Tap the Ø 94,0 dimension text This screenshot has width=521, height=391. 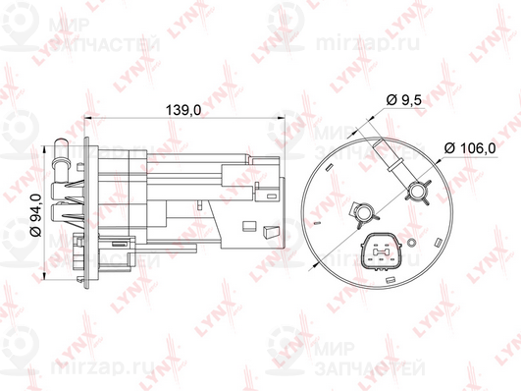click(x=34, y=203)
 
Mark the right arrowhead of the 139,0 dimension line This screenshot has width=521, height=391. click(x=281, y=122)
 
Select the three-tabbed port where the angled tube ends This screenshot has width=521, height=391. click(x=422, y=191)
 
